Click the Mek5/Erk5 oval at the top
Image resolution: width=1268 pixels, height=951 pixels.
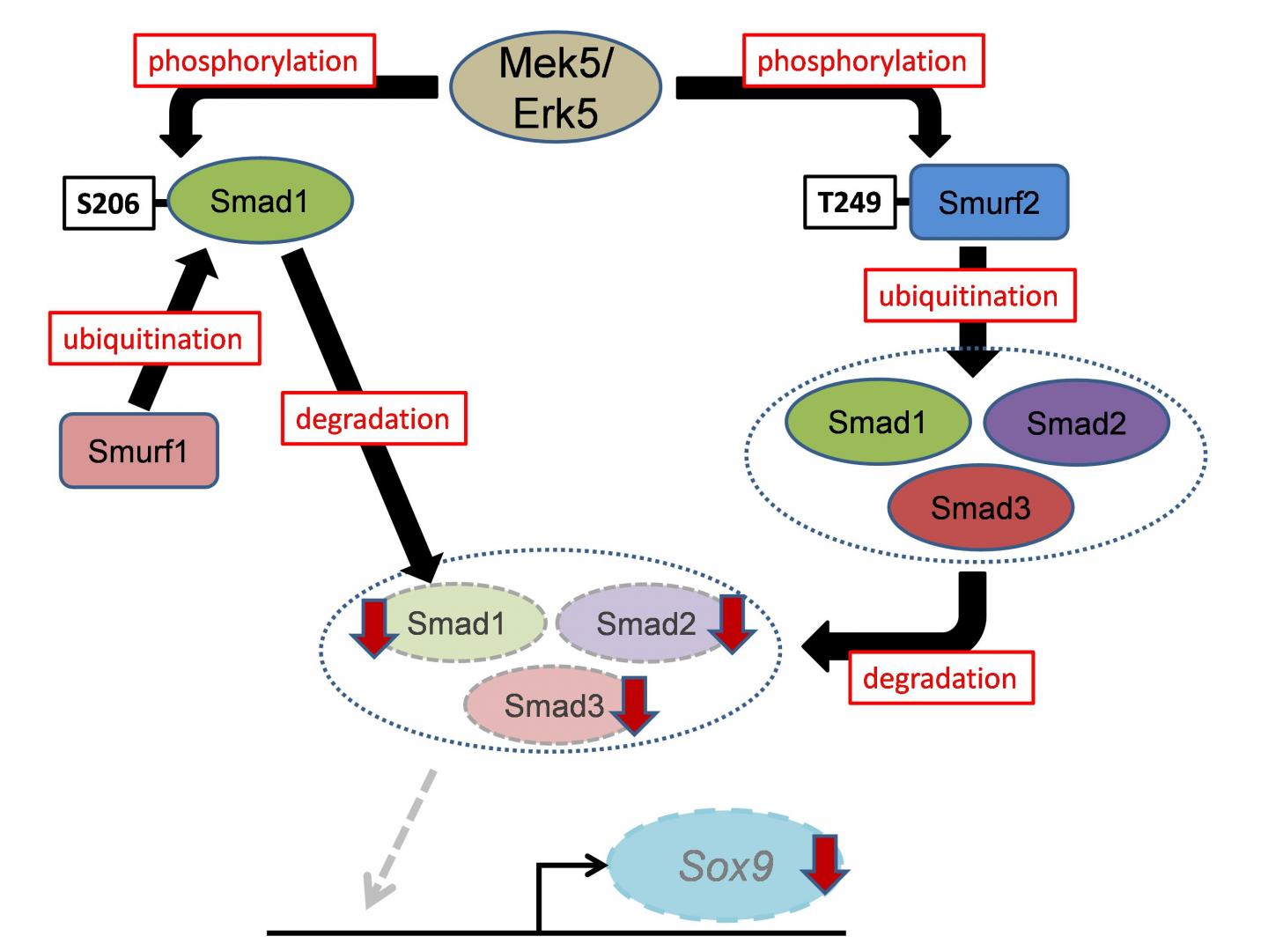click(555, 88)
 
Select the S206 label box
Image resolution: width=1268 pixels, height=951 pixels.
click(108, 203)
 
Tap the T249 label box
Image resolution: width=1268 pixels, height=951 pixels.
click(849, 203)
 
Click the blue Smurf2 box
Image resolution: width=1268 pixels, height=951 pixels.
click(988, 202)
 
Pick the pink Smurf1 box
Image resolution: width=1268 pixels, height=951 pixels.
click(138, 451)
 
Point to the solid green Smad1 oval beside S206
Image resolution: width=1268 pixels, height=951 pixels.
click(260, 201)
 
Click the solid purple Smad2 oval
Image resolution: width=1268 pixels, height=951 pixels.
click(1075, 424)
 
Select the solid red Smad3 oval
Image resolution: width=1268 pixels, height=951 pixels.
click(980, 508)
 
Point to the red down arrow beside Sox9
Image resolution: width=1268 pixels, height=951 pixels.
click(825, 864)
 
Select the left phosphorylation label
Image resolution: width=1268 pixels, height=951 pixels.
click(254, 61)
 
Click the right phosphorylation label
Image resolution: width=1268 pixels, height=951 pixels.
click(863, 61)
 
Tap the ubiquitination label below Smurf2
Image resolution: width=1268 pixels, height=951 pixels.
click(969, 296)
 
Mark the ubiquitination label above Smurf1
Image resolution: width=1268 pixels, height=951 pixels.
click(153, 338)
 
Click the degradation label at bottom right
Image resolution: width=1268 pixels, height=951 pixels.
click(940, 678)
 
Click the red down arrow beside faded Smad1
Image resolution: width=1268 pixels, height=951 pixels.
click(375, 625)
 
